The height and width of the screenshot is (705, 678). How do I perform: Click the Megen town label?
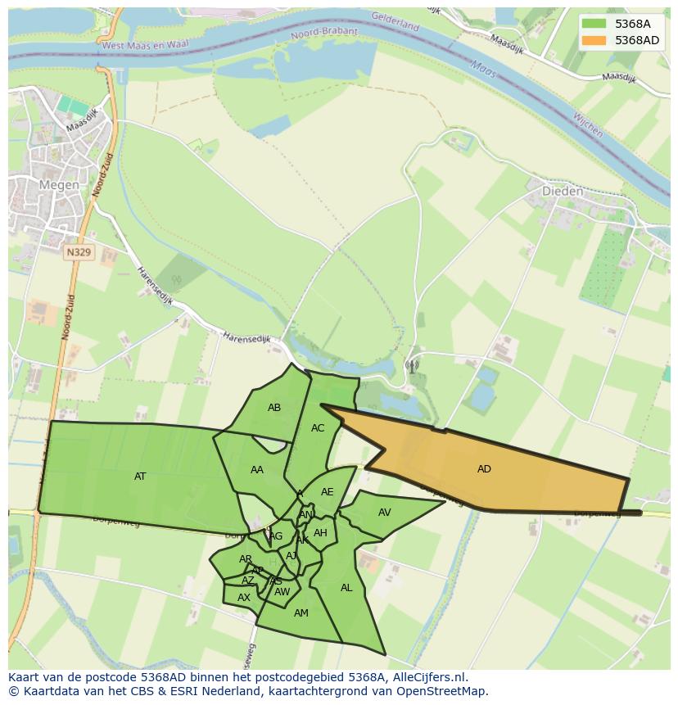pos(59,185)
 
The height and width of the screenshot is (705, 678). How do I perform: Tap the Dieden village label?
pos(563,192)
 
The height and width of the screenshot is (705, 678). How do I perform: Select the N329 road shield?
pos(79,253)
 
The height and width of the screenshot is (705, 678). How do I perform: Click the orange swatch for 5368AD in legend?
pos(594,40)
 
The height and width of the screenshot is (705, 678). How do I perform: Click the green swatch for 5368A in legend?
pos(594,24)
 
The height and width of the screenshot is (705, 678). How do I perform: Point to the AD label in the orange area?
pos(484,469)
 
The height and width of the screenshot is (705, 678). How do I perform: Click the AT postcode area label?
pos(140,476)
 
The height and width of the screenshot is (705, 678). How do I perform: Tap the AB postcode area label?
pos(274,408)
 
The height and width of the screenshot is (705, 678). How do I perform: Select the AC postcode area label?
pos(318,428)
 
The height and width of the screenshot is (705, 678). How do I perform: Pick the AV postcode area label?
pos(384,513)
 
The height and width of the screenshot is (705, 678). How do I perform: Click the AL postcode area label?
pos(346,588)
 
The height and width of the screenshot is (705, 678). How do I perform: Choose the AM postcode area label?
pos(301,613)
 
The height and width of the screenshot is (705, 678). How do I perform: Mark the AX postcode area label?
pos(243,598)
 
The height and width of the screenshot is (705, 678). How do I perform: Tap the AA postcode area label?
pos(257,470)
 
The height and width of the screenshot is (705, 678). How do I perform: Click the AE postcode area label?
pos(327,492)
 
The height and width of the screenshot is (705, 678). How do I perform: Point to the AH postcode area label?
pos(320,533)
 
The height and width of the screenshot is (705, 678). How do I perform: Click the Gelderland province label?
pos(395,21)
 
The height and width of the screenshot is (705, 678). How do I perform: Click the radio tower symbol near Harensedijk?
pos(411,366)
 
